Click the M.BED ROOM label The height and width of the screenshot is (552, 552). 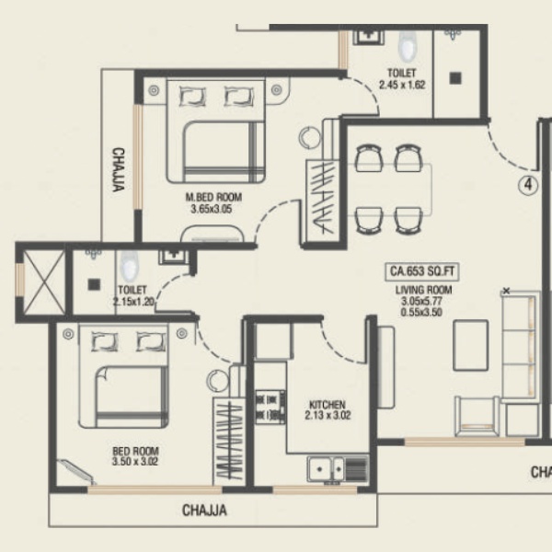(213, 197)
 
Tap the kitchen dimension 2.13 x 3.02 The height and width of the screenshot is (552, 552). (328, 416)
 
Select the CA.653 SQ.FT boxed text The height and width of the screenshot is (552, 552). (422, 271)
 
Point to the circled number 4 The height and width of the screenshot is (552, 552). (528, 185)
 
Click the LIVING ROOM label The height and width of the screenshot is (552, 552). (423, 290)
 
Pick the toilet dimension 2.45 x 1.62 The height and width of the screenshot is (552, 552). (402, 85)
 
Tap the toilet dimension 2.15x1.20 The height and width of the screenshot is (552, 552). (133, 302)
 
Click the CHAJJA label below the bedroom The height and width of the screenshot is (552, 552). (204, 511)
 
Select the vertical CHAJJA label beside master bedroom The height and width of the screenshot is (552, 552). (119, 169)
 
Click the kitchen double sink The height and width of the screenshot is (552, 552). (326, 469)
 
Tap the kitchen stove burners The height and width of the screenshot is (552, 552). (270, 407)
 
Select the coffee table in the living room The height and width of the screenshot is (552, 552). (471, 345)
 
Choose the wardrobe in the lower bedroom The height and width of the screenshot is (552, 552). (229, 442)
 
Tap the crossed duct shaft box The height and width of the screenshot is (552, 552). (45, 282)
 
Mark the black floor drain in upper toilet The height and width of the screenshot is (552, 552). (455, 78)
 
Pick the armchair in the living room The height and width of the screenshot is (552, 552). (477, 416)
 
